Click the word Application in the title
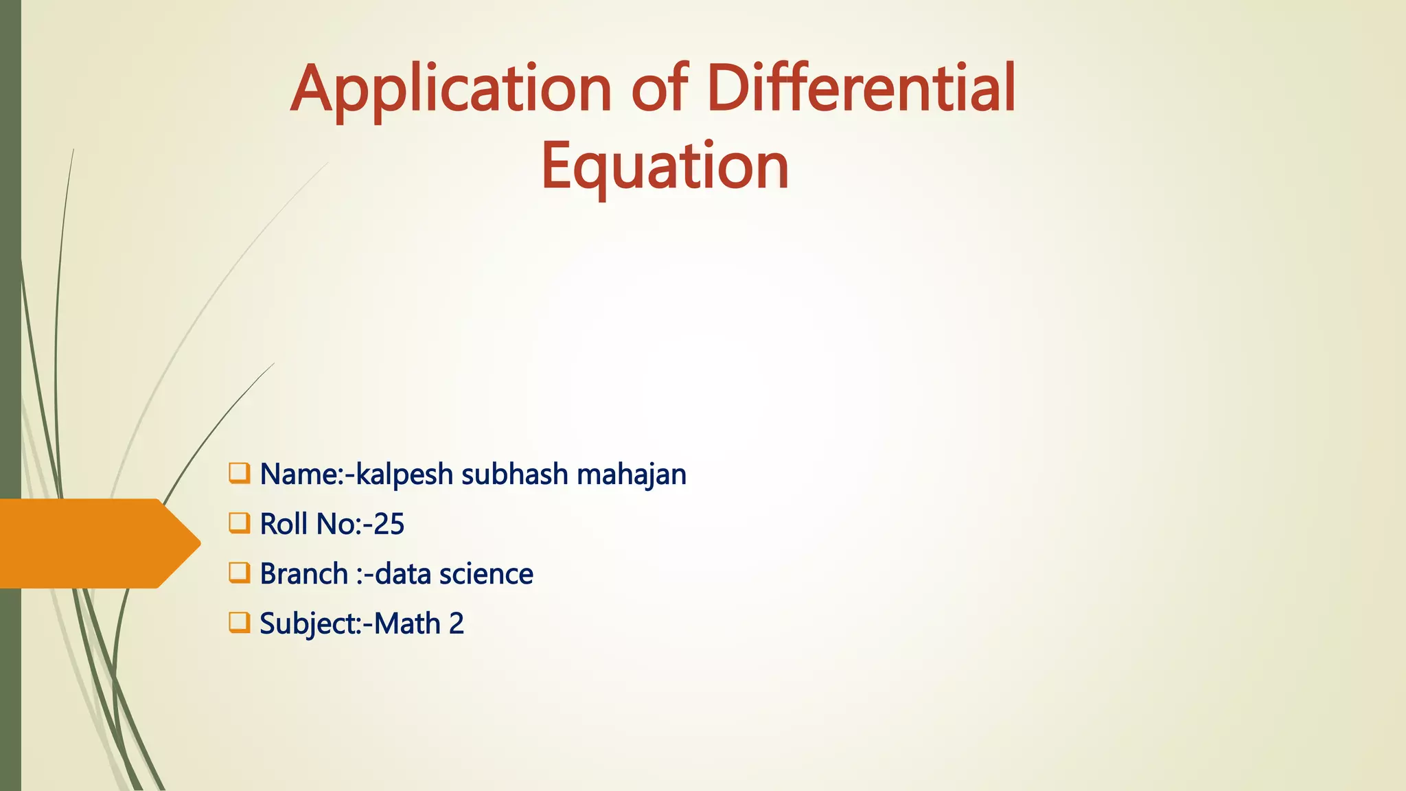click(x=450, y=90)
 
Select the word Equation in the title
click(x=665, y=166)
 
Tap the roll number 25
click(x=389, y=524)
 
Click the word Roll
click(x=284, y=524)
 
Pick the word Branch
click(x=304, y=574)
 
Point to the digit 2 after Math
click(x=457, y=623)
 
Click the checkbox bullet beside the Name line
click(x=239, y=473)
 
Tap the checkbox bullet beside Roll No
click(x=239, y=523)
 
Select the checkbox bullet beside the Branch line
click(x=239, y=573)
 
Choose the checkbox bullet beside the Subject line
click(x=239, y=623)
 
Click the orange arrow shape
click(x=96, y=543)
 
